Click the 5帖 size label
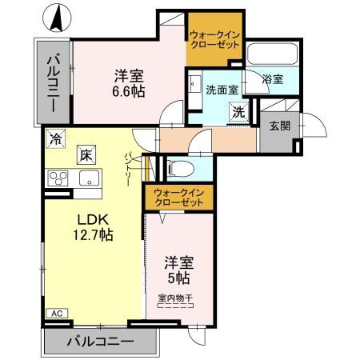(x=178, y=278)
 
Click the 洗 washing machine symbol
(x=239, y=113)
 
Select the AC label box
(x=55, y=313)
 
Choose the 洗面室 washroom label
(x=221, y=89)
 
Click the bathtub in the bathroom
(x=272, y=54)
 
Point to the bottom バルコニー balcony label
(x=100, y=342)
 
